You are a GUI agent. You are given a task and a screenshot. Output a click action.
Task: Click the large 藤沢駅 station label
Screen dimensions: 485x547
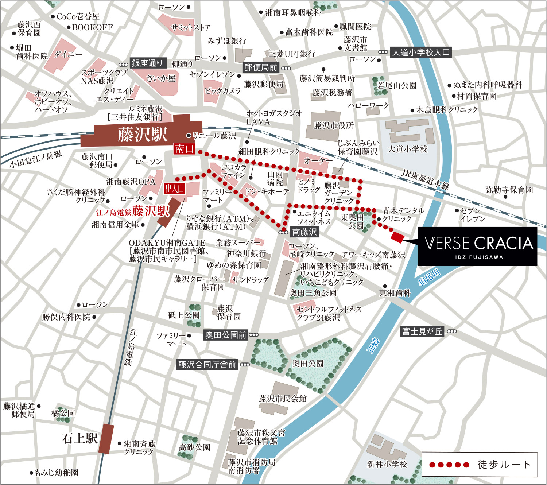coord(142,135)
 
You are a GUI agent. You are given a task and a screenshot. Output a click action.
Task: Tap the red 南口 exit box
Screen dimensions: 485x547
coord(184,149)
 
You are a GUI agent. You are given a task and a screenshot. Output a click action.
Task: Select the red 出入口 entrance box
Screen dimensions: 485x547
coord(175,189)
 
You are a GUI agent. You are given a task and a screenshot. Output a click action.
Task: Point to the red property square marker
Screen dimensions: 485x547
coord(397,237)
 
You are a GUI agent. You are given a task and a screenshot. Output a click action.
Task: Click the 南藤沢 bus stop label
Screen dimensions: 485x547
coord(304,232)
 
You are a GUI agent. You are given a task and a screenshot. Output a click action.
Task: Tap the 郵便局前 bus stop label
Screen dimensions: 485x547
coord(261,67)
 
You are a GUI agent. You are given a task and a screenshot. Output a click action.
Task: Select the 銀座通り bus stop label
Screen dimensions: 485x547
coord(147,63)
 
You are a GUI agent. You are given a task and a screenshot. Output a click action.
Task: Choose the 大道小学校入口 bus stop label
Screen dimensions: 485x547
coord(420,52)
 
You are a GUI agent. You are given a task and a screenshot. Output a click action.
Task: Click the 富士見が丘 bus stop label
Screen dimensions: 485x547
coord(422,331)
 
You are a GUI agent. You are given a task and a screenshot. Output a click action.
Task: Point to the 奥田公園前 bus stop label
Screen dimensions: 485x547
coord(226,335)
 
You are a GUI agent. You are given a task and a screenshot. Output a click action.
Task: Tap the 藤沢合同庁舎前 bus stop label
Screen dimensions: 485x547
coord(207,364)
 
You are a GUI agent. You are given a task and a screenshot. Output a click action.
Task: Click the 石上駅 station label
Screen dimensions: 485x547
coord(80,438)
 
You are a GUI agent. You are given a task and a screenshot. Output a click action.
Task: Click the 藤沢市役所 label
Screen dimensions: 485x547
coord(334,125)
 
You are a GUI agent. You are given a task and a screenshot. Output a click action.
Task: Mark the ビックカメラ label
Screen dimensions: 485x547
coord(222,90)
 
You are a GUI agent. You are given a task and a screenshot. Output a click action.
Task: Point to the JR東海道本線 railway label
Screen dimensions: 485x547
coord(425,179)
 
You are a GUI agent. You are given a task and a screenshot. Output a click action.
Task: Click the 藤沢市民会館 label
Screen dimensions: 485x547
coord(283,399)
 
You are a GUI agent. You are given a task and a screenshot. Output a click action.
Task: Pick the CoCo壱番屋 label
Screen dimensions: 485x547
coord(78,16)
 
